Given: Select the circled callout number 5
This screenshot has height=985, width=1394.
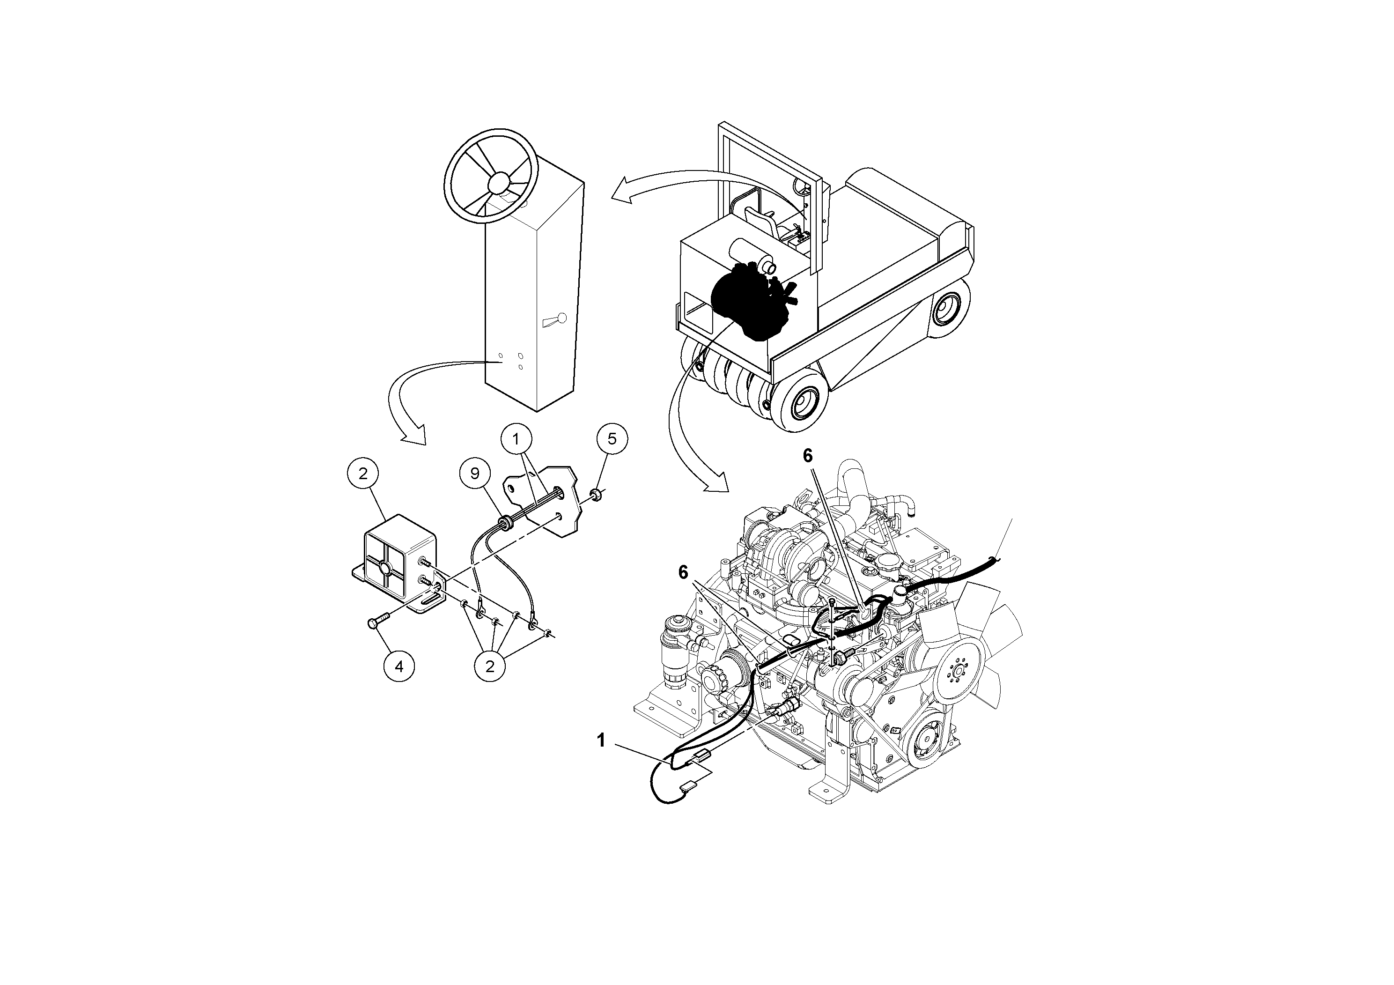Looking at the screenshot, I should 612,438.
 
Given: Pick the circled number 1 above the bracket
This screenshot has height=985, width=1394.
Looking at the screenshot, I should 516,439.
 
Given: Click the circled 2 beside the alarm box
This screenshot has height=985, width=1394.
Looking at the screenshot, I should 363,474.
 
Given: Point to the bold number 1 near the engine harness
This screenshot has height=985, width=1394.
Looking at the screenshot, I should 601,740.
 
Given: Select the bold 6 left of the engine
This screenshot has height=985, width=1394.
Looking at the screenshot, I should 684,571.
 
